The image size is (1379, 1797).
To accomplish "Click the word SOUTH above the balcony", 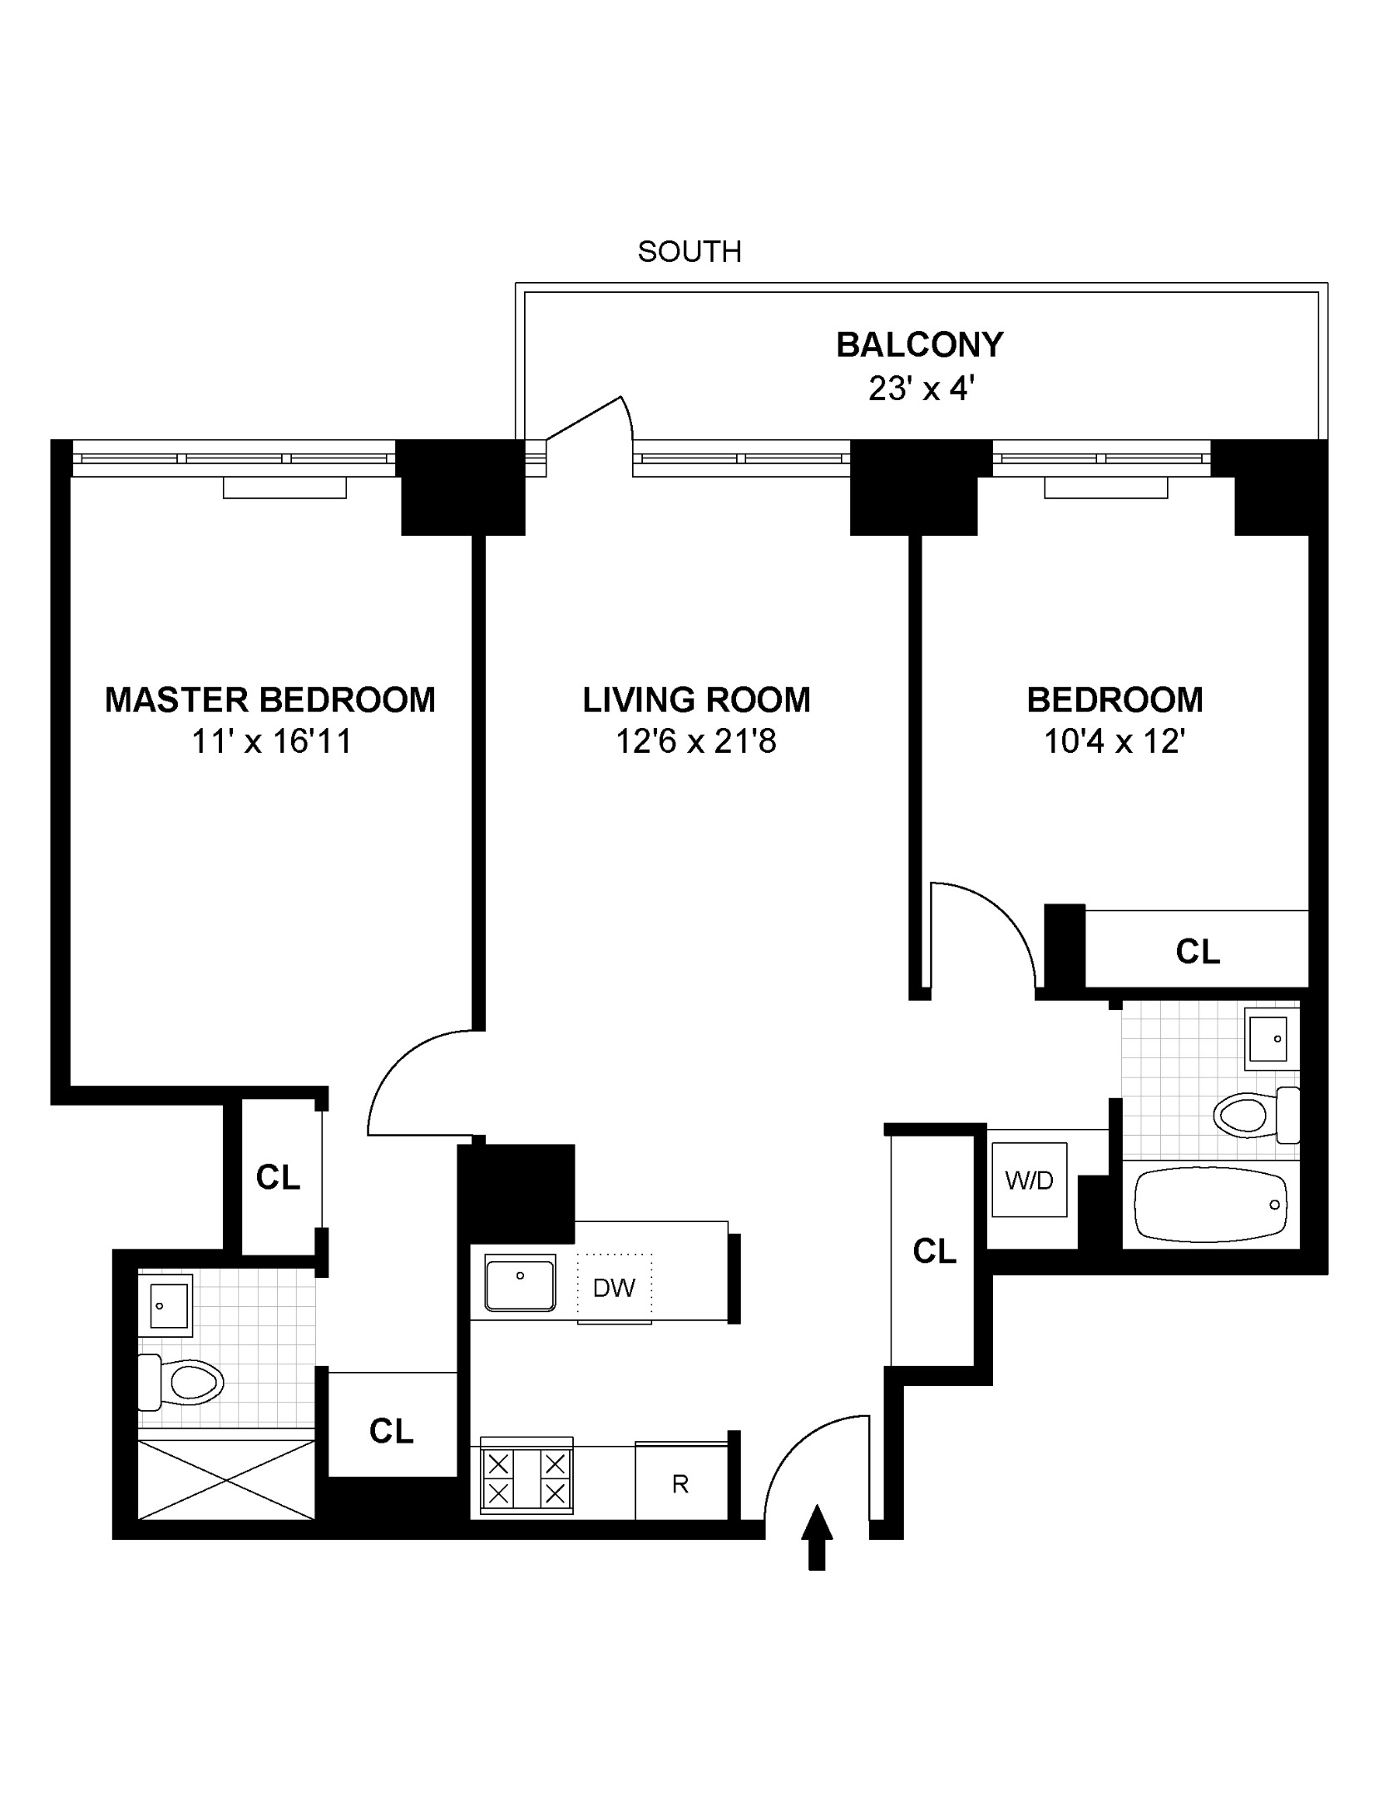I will [689, 251].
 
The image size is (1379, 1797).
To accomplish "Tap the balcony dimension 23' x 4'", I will [920, 389].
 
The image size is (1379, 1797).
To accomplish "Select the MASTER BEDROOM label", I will [270, 700].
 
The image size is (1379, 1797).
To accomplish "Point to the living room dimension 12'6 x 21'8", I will [695, 740].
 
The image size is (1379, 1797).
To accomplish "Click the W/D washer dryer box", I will [1029, 1180].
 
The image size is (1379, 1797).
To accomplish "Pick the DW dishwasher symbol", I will [614, 1288].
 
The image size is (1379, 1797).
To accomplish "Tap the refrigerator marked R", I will [680, 1484].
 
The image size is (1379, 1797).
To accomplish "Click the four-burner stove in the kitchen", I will [526, 1478].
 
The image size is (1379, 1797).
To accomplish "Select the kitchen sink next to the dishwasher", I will [520, 1283].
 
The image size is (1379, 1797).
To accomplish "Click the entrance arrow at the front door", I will [818, 1536].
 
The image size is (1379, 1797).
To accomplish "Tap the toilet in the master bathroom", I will [183, 1383].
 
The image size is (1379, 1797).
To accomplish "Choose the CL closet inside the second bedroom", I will [1197, 950].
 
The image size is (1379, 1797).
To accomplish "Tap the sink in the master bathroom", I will [170, 1305].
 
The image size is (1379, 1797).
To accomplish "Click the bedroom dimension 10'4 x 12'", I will [1114, 740].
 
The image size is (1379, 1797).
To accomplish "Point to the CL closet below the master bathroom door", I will [391, 1431].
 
